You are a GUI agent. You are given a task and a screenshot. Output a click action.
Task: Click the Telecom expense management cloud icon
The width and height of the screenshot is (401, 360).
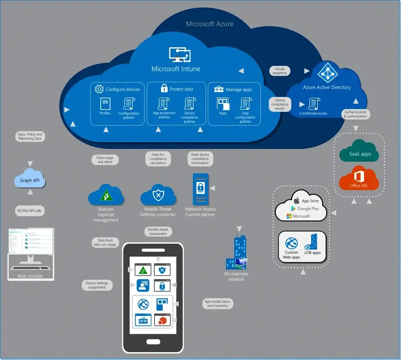(x=106, y=195)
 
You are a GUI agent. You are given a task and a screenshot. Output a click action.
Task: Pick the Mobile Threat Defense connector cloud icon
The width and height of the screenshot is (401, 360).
(x=157, y=195)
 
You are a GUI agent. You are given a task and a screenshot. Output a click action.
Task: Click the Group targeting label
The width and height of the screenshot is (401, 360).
(x=279, y=71)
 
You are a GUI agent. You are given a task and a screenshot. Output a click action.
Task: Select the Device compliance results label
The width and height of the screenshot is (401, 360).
(x=280, y=104)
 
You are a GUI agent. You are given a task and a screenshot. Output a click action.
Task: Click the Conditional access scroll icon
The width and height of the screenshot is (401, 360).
(x=313, y=104)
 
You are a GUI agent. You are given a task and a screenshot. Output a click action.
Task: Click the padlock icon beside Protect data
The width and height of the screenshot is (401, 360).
(x=164, y=88)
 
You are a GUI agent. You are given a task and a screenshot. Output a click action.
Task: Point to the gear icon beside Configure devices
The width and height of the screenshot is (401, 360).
(x=99, y=89)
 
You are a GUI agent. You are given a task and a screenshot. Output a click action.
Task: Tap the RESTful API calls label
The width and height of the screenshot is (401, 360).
(x=30, y=210)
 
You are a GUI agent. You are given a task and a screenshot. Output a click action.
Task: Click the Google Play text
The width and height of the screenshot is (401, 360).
(x=308, y=208)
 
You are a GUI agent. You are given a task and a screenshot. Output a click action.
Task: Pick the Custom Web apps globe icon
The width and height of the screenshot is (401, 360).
(x=291, y=244)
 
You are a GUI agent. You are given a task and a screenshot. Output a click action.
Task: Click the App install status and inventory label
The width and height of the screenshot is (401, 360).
(x=217, y=303)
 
